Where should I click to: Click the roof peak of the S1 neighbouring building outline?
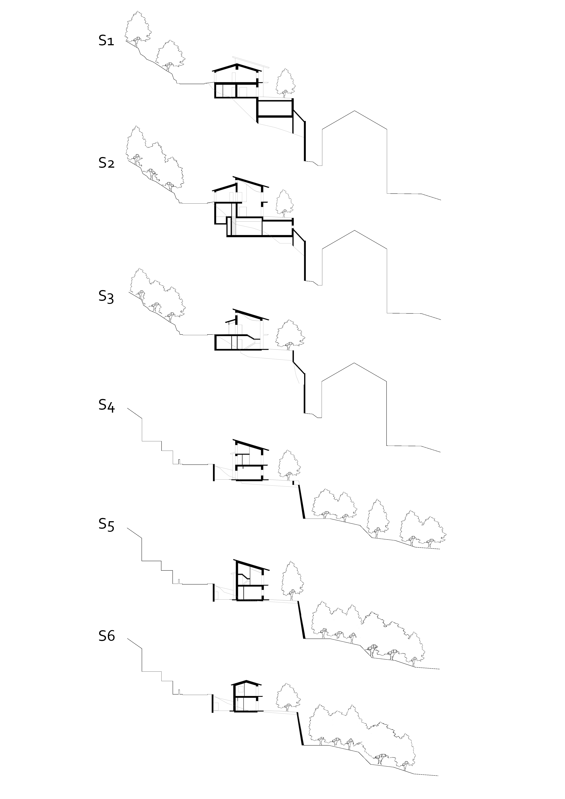(x=354, y=111)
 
